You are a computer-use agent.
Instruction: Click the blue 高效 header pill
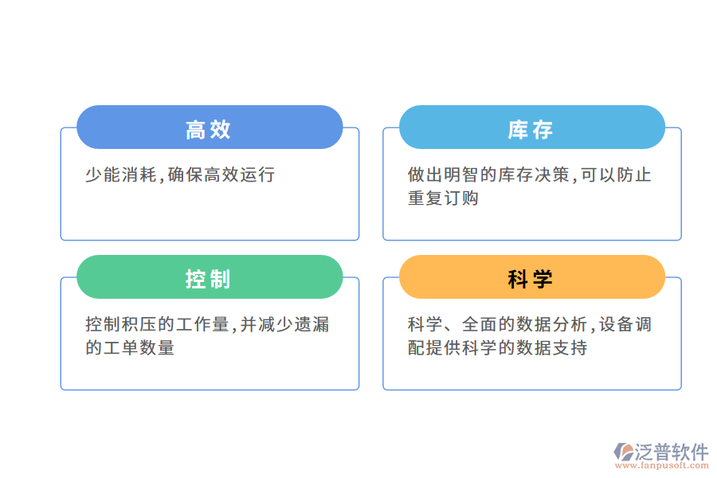pyautogui.click(x=210, y=127)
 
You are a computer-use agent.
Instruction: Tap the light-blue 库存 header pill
pyautogui.click(x=531, y=127)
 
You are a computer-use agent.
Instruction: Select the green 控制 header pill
pyautogui.click(x=210, y=277)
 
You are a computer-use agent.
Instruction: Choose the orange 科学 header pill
pyautogui.click(x=531, y=277)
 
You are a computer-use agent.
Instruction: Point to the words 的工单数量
pyautogui.click(x=130, y=348)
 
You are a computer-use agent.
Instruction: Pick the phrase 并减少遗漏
pyautogui.click(x=285, y=324)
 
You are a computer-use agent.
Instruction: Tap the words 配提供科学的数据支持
pyautogui.click(x=497, y=348)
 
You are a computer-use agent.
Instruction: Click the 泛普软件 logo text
pyautogui.click(x=672, y=451)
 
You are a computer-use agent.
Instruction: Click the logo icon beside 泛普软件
pyautogui.click(x=623, y=453)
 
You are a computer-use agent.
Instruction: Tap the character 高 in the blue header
pyautogui.click(x=196, y=127)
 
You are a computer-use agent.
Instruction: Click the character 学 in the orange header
pyautogui.click(x=543, y=277)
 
